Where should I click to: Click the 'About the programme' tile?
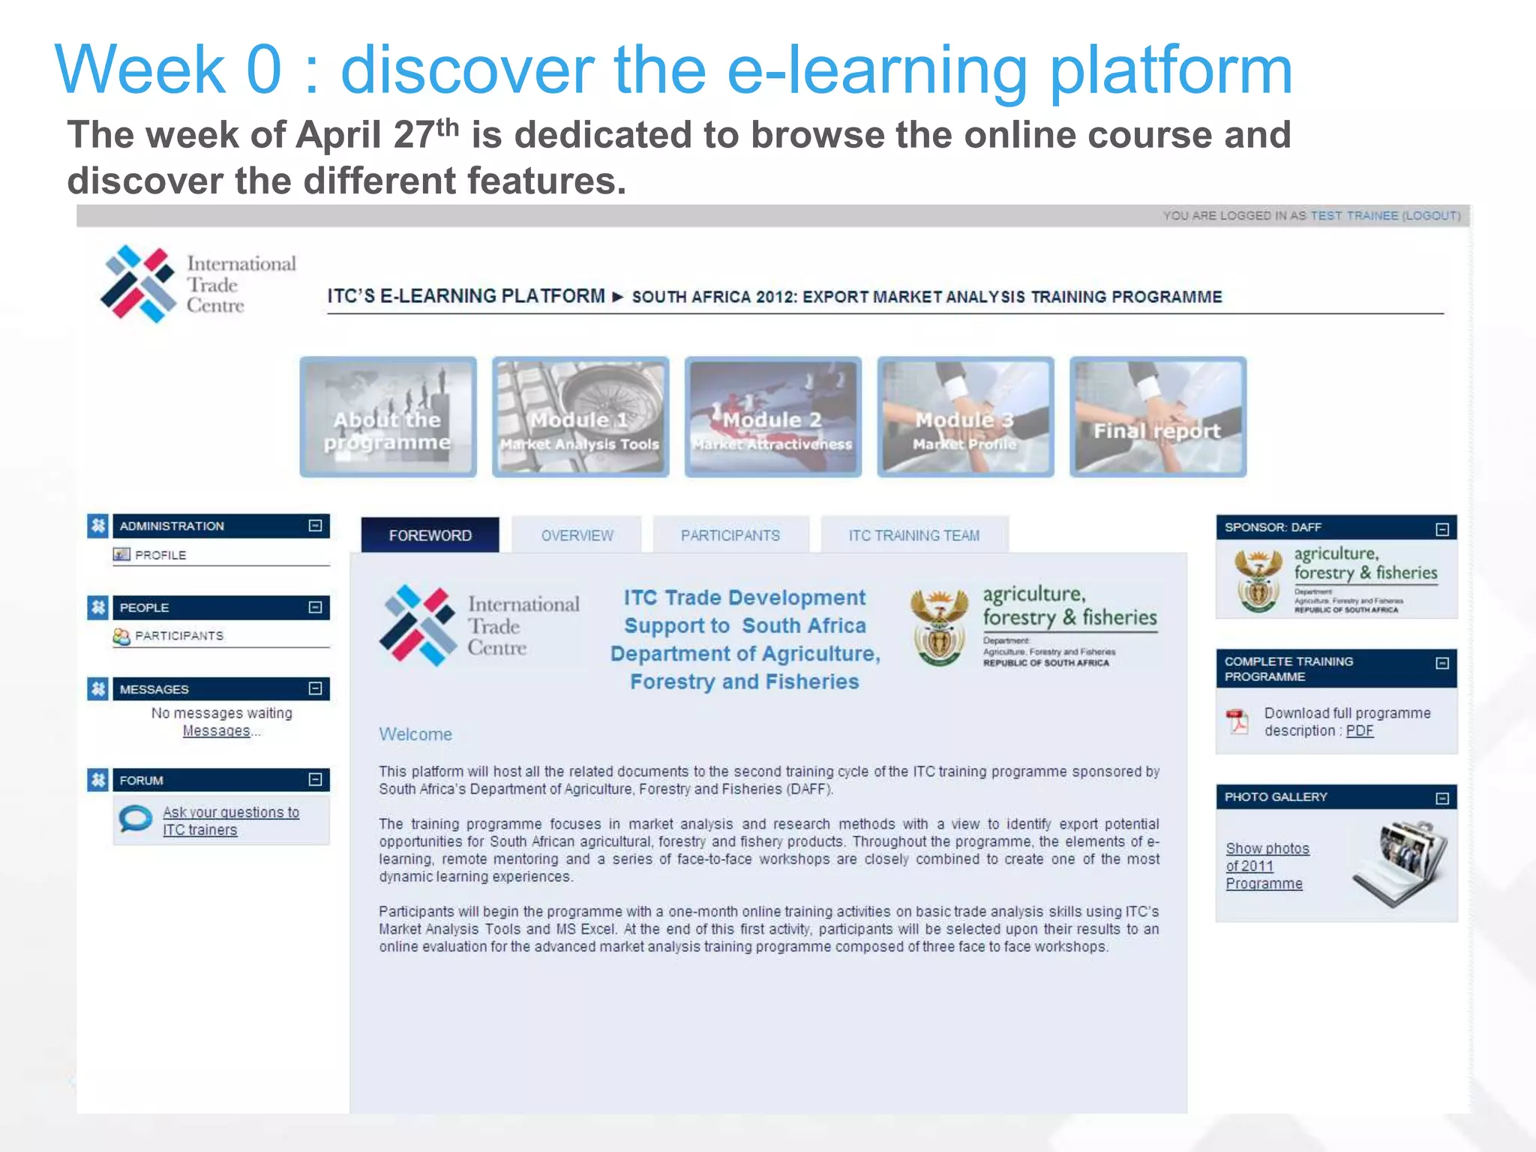pyautogui.click(x=388, y=417)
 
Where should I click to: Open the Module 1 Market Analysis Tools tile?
pyautogui.click(x=580, y=417)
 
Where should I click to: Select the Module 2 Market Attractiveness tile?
pyautogui.click(x=772, y=417)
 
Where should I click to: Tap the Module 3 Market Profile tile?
pyautogui.click(x=965, y=417)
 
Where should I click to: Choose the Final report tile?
pyautogui.click(x=1157, y=417)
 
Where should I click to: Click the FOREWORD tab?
pyautogui.click(x=430, y=535)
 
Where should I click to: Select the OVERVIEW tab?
pyautogui.click(x=577, y=535)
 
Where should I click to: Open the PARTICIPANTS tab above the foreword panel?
pyautogui.click(x=730, y=535)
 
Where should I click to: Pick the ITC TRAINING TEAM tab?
pyautogui.click(x=913, y=535)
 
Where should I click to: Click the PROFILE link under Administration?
pyautogui.click(x=160, y=555)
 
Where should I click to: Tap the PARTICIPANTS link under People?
pyautogui.click(x=178, y=636)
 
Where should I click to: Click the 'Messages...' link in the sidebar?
pyautogui.click(x=217, y=730)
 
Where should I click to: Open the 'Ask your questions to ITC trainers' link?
pyautogui.click(x=230, y=821)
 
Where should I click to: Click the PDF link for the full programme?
pyautogui.click(x=1359, y=730)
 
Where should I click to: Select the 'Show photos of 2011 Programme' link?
pyautogui.click(x=1267, y=865)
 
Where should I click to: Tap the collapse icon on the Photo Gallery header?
pyautogui.click(x=1441, y=798)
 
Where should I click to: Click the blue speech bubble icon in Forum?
pyautogui.click(x=136, y=819)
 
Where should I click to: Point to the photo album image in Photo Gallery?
pyautogui.click(x=1399, y=864)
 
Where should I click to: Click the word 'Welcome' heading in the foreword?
pyautogui.click(x=415, y=734)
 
